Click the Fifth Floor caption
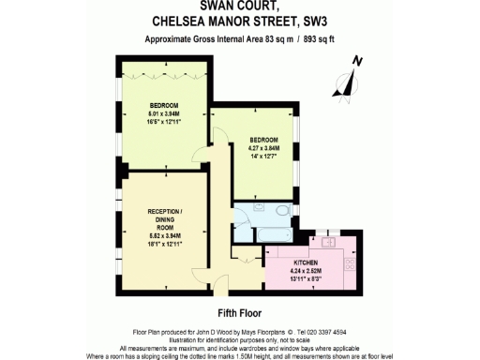[239, 311]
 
